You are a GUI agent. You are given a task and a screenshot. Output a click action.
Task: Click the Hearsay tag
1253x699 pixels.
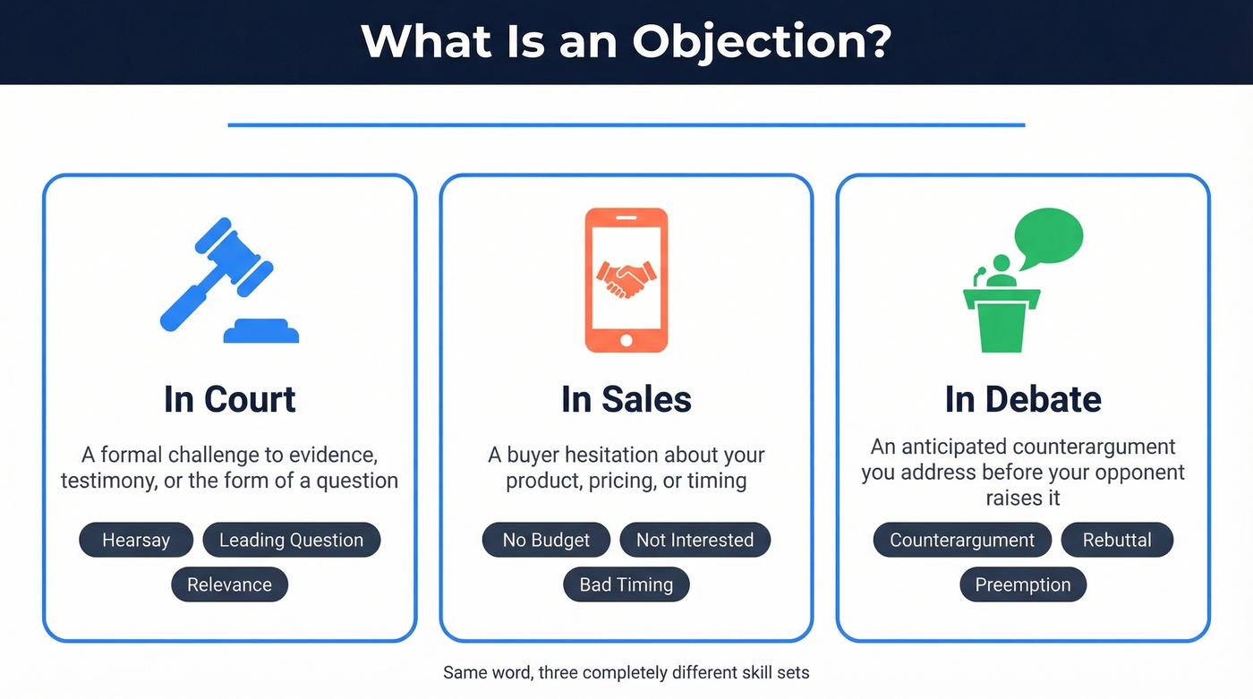point(136,540)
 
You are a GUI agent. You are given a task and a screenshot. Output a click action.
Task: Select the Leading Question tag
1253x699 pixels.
point(292,540)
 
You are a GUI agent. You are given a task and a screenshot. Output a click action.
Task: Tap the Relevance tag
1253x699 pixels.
point(229,584)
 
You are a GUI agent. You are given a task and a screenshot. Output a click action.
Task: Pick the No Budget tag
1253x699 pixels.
point(546,540)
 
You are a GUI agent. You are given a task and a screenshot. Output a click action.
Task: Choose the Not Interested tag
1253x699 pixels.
point(695,540)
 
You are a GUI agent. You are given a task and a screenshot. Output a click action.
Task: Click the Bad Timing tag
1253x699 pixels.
point(626,584)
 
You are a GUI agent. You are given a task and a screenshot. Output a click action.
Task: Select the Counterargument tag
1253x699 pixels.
point(962,540)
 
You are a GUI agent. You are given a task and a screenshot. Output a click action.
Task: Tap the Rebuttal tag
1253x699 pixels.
point(1117,540)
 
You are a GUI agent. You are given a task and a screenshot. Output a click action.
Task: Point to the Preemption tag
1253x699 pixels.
point(1023,584)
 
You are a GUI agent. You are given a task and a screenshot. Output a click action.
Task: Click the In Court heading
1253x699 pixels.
point(230,399)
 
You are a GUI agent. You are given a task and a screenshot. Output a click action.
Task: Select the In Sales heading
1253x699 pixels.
point(626,399)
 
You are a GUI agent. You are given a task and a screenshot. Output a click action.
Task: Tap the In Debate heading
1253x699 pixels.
point(1023,399)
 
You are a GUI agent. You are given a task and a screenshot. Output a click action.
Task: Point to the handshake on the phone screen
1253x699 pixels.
point(626,279)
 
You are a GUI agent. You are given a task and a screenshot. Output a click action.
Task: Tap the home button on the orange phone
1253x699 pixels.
point(626,340)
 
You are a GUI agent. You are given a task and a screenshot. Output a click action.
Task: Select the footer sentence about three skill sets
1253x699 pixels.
point(626,671)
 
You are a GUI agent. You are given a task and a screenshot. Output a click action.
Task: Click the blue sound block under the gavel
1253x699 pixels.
point(260,331)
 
